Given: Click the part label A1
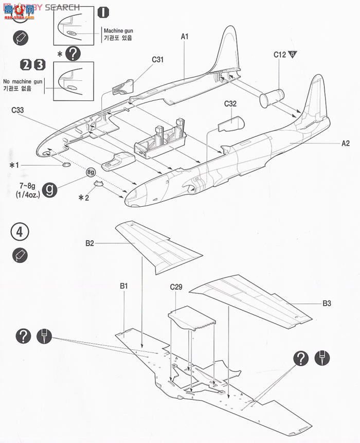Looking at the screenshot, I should tap(185, 37).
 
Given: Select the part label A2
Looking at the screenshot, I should tap(346, 144).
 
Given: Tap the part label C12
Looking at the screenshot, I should tap(280, 54).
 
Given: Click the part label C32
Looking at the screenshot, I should tap(230, 103).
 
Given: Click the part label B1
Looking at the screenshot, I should tap(123, 286).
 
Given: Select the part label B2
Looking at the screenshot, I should tap(89, 242).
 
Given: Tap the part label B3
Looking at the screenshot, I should tap(327, 304).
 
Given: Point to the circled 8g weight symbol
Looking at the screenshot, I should tap(91, 171).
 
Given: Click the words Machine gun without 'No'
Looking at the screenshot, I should tap(118, 31).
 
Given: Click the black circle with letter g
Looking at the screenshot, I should tap(49, 188).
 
